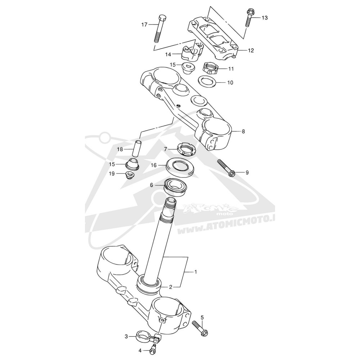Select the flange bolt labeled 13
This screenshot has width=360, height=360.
pos(249,18)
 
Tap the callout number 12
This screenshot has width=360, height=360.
pos(251,50)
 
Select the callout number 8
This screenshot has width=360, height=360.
pos(243,131)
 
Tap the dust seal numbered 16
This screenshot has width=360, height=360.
pos(180,166)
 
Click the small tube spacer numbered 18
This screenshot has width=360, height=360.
pos(137,149)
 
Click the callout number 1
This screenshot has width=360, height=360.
pos(195,272)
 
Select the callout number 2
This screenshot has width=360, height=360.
pos(170,287)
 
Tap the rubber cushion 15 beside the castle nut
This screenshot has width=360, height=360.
pos(188,68)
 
